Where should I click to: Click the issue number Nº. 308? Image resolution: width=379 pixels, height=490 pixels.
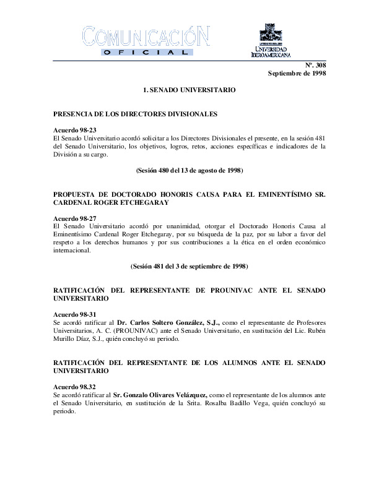pyautogui.click(x=315, y=65)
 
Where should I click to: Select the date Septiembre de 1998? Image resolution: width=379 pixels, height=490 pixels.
pyautogui.click(x=297, y=74)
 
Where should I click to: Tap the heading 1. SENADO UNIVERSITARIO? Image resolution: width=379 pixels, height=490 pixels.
pyautogui.click(x=189, y=90)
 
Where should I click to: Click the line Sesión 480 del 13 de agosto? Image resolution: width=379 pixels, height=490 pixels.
pyautogui.click(x=189, y=170)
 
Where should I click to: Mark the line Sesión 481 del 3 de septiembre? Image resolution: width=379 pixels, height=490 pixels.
pyautogui.click(x=189, y=267)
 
